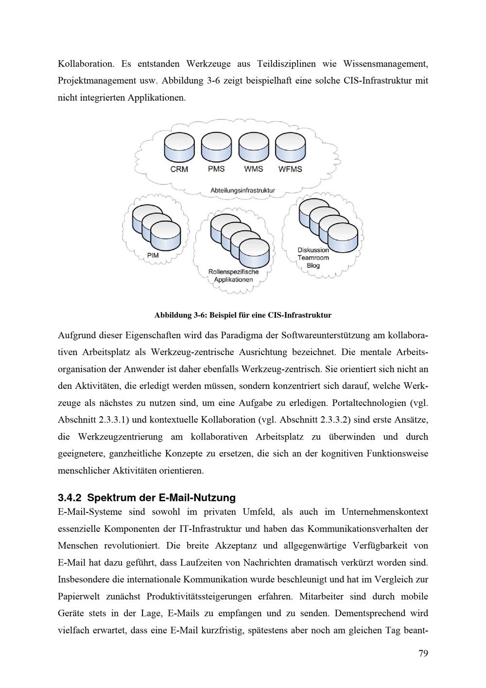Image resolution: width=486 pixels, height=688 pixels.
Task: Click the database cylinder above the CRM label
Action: pos(179,148)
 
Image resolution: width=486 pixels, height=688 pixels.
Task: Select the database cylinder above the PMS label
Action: pos(216,148)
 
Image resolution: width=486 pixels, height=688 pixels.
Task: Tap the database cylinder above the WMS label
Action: pos(253,148)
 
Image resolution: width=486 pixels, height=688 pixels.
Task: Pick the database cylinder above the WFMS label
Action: pos(290,148)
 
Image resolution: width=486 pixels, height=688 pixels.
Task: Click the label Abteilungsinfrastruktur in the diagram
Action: pos(243,190)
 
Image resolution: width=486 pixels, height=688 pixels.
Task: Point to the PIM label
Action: pos(153,255)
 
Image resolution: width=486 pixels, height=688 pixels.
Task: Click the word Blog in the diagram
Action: pos(313,265)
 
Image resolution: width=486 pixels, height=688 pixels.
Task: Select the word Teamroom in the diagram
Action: pos(313,258)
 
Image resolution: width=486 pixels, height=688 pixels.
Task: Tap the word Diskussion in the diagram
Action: pos(313,250)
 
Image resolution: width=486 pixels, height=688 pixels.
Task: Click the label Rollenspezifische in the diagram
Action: pos(233,272)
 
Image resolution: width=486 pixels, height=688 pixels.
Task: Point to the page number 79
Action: pos(423,653)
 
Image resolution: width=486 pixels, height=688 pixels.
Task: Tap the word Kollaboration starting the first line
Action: pos(86,64)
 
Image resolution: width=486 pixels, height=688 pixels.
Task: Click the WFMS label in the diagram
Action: pos(290,169)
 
